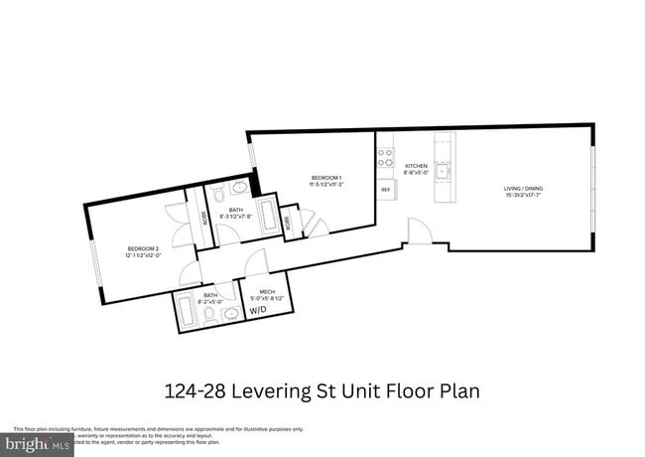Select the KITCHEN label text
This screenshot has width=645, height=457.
coord(415,164)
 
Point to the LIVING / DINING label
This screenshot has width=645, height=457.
coord(523,188)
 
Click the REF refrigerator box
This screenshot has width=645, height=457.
coord(385,188)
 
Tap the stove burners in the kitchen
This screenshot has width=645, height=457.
coord(384,159)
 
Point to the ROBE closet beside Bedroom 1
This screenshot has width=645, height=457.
coord(289,222)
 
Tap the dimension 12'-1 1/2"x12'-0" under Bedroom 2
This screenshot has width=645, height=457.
coord(143,255)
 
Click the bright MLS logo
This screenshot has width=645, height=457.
coord(37,444)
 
